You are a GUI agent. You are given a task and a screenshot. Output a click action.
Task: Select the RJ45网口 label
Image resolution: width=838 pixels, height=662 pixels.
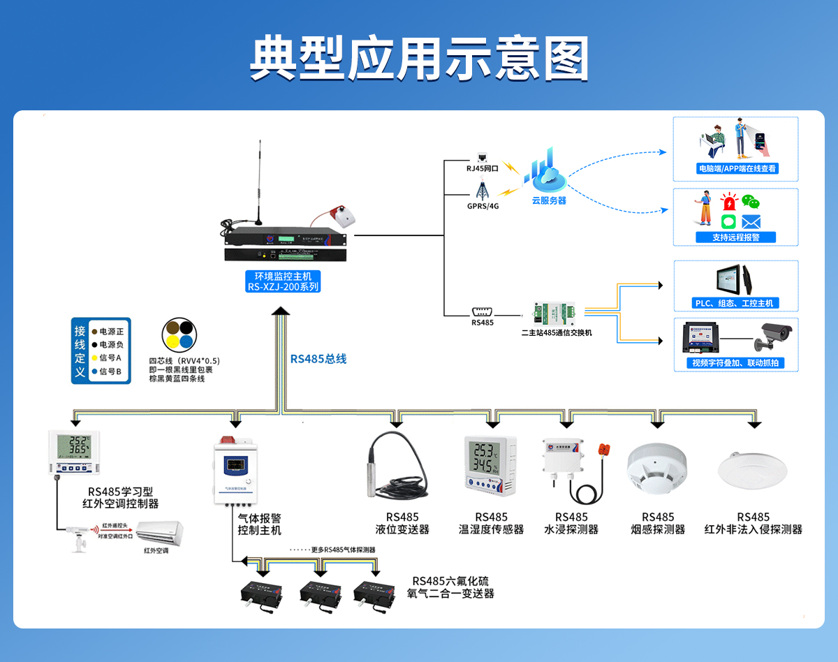[x=482, y=168]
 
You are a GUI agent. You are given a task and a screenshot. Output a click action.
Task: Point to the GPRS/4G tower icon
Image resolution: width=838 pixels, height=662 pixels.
[x=482, y=189]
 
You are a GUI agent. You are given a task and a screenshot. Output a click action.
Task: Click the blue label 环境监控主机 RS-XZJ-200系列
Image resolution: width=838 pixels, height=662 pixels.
[x=284, y=281]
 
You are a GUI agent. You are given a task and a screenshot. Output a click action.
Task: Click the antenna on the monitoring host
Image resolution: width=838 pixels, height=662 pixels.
[x=259, y=182]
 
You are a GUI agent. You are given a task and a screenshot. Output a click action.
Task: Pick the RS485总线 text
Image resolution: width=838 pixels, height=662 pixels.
[x=318, y=359]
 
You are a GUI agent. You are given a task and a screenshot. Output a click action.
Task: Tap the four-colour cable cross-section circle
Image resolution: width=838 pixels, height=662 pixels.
[x=179, y=334]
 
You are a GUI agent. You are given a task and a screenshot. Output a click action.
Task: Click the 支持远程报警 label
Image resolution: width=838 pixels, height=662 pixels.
[x=735, y=237]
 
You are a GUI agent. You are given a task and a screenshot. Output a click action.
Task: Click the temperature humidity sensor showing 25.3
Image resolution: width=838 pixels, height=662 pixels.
[x=490, y=463]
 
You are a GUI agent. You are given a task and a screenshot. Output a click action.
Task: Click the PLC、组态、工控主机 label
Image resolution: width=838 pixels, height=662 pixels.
[x=735, y=303]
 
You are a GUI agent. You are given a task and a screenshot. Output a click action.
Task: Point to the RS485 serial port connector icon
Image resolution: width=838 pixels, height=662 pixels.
[x=483, y=311]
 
